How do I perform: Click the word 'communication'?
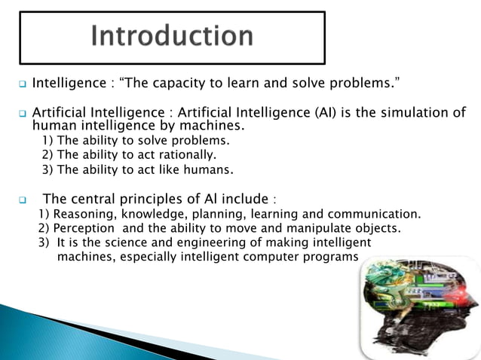click(376, 214)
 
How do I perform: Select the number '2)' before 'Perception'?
click(44, 228)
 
